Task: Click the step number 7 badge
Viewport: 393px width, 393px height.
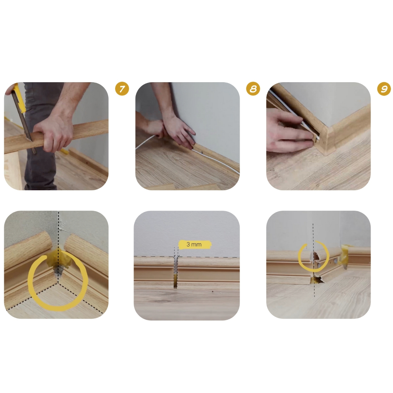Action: point(122,89)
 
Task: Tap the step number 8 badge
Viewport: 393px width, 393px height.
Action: point(253,89)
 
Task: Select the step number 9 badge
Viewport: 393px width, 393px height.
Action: point(384,89)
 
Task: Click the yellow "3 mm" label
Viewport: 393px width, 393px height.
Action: point(195,244)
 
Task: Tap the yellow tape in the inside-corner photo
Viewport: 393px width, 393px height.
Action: point(59,258)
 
